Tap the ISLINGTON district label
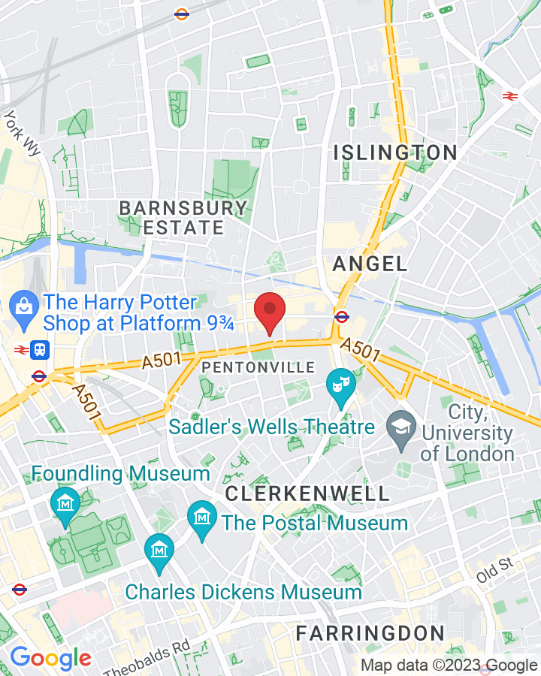click(395, 152)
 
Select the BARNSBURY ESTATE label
click(183, 218)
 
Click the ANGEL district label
click(370, 264)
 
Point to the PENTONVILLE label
click(258, 367)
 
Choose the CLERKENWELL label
click(307, 493)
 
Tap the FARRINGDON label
click(370, 632)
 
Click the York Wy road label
click(23, 134)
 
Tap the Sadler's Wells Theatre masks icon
click(340, 383)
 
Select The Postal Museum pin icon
click(201, 516)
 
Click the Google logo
click(50, 659)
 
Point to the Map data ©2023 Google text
click(448, 665)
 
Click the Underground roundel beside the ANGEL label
click(341, 316)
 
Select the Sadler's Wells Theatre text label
click(271, 427)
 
